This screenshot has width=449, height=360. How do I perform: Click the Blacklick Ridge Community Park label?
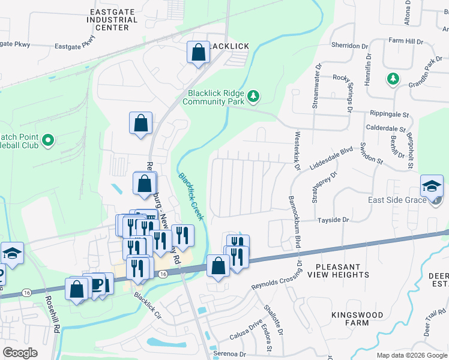pos(216,97)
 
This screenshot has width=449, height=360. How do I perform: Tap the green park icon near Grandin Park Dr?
pos(393,78)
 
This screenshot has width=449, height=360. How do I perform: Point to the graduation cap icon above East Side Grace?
pos(432,186)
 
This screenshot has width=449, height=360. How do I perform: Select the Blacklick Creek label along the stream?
pos(191,196)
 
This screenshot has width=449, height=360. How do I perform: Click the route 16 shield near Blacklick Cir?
pos(163,274)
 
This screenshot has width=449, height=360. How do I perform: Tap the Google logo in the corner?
pos(20,353)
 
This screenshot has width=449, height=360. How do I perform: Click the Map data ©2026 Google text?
pos(411,355)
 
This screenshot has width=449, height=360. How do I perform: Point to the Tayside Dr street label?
pos(333,220)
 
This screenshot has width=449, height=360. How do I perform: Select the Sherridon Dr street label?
pos(349,46)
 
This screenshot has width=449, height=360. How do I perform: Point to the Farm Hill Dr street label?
pos(406,41)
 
